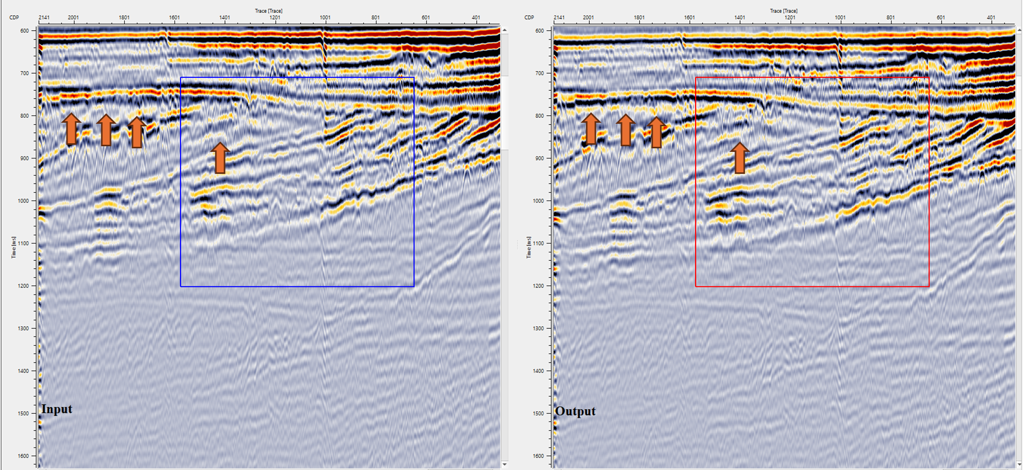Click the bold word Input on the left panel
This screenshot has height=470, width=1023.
(x=57, y=409)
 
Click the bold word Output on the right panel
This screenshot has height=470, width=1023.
(x=575, y=411)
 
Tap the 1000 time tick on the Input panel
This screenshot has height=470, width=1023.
(x=24, y=201)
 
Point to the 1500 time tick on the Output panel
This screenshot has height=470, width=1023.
(x=539, y=413)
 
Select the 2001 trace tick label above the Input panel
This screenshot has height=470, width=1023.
(x=73, y=17)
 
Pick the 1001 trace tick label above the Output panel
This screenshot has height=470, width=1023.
(x=840, y=17)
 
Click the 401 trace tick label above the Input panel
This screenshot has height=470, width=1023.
(x=476, y=17)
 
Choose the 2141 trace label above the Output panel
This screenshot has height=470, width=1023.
(x=559, y=17)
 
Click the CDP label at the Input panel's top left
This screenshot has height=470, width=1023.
(x=14, y=17)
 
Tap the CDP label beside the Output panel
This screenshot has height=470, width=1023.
(x=529, y=17)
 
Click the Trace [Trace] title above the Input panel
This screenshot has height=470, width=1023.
(x=269, y=11)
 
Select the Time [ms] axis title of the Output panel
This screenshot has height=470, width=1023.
(x=528, y=247)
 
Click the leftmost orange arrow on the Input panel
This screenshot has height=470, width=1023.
(x=71, y=129)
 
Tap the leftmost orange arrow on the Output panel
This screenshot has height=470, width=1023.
(x=591, y=129)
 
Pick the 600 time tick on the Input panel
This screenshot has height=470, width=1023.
(x=24, y=31)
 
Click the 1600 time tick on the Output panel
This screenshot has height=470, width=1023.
(x=539, y=456)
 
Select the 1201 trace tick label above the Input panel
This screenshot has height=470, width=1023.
(x=275, y=17)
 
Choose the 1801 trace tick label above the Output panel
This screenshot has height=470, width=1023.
(x=639, y=17)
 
